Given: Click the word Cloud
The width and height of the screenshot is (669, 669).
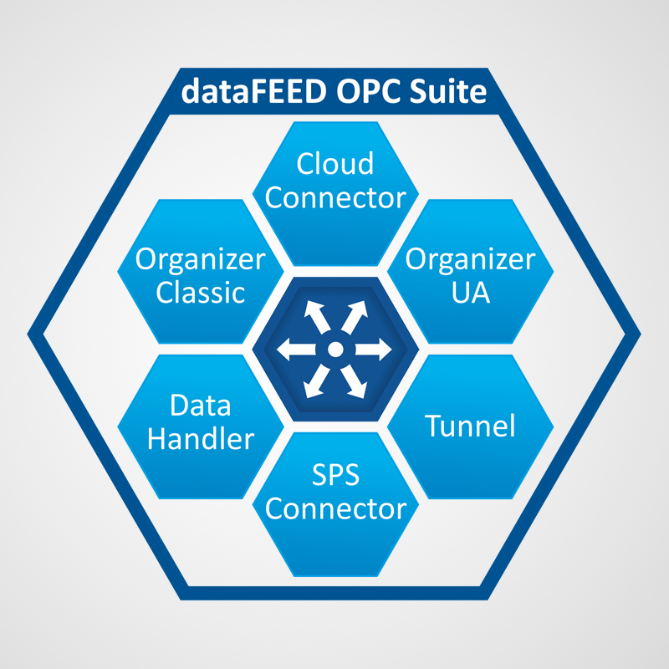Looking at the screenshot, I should tap(335, 164).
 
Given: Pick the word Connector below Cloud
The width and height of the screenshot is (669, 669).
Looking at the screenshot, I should tap(335, 198).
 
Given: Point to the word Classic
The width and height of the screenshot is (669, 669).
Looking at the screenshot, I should tap(201, 293).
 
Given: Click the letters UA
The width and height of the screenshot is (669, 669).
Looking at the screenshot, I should tap(469, 293).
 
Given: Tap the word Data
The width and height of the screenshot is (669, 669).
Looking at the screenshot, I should tap(201, 406).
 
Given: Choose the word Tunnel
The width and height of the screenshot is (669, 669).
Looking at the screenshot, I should tap(469, 426).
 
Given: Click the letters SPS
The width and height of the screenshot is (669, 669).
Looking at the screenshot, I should tap(334, 476).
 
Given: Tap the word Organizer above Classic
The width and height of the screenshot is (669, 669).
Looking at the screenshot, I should tap(201, 259).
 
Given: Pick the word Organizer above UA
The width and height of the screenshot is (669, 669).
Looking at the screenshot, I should tap(469, 259).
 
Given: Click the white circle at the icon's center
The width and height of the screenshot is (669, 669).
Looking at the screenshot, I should tap(334, 349).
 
